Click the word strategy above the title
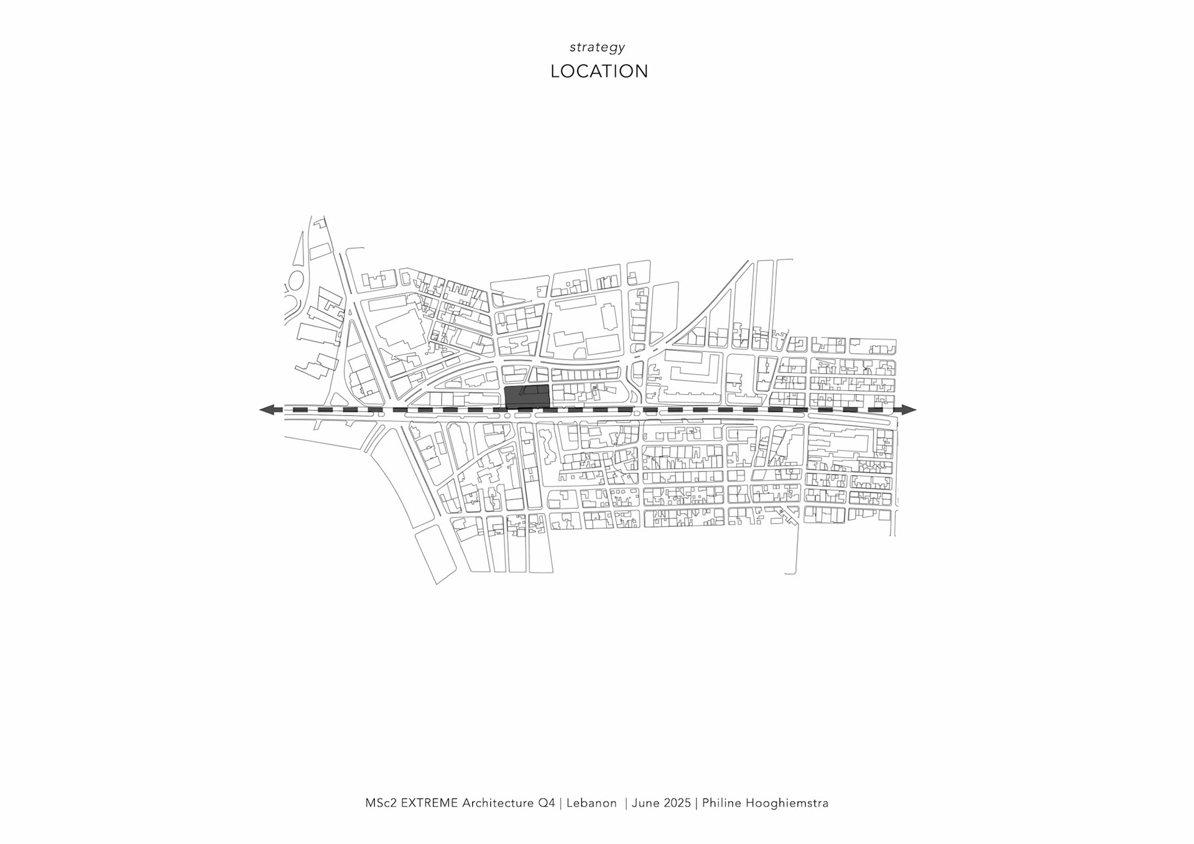tap(597, 47)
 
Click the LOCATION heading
tap(599, 72)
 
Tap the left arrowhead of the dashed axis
tap(268, 410)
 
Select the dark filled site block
tap(527, 396)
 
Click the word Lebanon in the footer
tap(591, 803)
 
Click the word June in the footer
tap(646, 803)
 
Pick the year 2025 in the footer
tap(677, 803)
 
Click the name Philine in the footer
tap(722, 803)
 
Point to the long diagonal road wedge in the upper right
tap(715, 305)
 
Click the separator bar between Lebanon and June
tap(626, 803)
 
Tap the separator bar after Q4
tap(560, 803)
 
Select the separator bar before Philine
tap(696, 803)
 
